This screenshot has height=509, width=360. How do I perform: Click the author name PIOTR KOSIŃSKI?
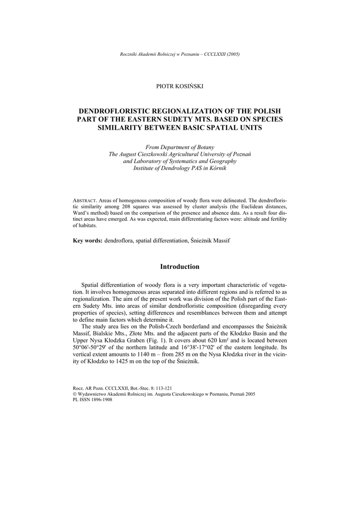pos(180,86)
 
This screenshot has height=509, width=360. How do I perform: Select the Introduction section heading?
pos(180,267)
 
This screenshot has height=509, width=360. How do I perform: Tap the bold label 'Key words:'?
pos(88,241)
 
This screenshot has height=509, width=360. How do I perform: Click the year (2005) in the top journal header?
pos(233,54)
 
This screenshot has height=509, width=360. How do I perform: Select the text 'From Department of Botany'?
pos(180,148)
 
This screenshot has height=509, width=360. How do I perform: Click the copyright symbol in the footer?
pos(75,393)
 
